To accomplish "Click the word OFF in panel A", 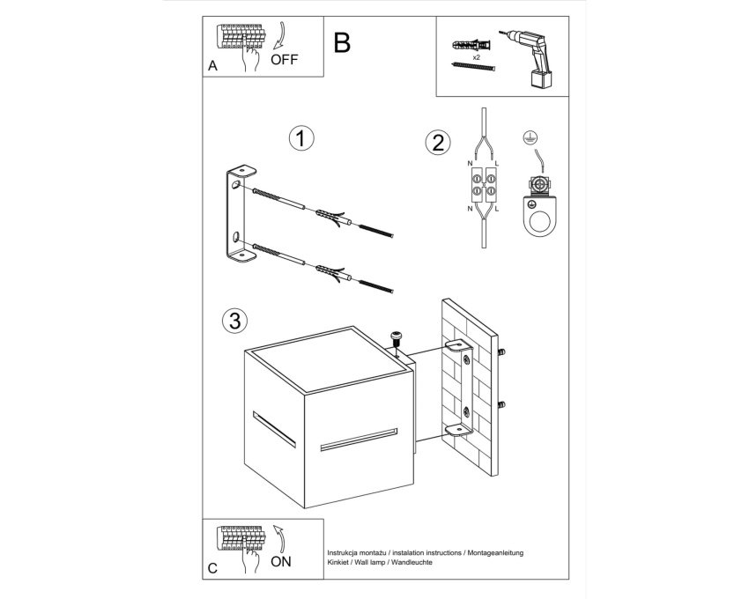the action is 284,60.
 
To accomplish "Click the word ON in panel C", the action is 280,562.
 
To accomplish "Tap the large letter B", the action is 342,42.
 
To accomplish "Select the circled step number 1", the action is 301,138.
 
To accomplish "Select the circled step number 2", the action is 438,143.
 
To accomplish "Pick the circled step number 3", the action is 235,321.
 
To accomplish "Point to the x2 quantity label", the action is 476,57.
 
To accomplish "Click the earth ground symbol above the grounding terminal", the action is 529,137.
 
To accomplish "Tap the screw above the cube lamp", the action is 396,340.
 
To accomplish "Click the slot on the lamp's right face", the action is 359,440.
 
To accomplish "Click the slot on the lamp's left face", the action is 274,429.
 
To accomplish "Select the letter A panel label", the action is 212,66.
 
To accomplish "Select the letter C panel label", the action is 212,568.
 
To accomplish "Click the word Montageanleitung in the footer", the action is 495,552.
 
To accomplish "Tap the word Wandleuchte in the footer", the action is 412,562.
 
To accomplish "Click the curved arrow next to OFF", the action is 279,35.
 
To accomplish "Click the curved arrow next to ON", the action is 280,540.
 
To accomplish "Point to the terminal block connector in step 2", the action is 484,185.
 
